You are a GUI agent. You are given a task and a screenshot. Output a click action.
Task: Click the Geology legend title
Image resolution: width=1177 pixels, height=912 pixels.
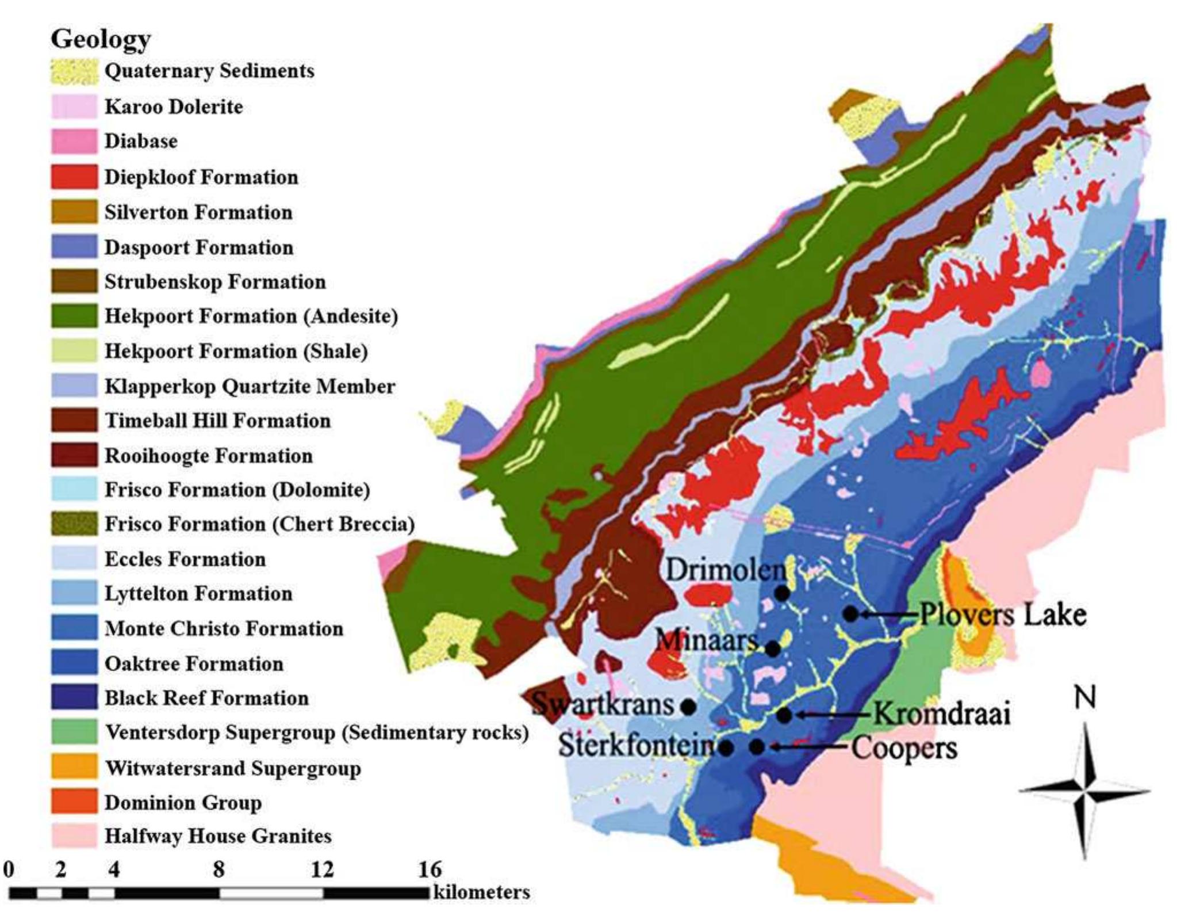coord(101,39)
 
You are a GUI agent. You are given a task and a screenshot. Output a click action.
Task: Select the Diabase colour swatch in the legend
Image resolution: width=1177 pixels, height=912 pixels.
coord(74,142)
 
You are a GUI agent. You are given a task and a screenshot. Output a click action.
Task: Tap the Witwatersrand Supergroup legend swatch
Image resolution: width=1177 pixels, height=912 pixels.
coord(74,768)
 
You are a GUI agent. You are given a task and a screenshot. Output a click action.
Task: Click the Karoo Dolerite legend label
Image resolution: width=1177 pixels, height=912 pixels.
coord(174,106)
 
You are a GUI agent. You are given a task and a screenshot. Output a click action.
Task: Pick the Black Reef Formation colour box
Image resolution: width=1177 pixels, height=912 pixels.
coord(74,698)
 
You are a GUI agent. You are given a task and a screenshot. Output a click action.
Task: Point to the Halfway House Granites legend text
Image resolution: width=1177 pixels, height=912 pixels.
coord(218,835)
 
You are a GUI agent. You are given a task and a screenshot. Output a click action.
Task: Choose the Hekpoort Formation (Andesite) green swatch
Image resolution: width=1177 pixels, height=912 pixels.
coord(74,316)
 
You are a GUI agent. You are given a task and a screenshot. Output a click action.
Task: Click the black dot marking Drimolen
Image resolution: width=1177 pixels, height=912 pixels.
coord(782,593)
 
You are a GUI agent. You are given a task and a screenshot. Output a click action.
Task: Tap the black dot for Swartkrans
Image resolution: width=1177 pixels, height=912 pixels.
coord(688,706)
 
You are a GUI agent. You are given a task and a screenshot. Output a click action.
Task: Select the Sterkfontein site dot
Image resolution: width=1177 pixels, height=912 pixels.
coord(726,748)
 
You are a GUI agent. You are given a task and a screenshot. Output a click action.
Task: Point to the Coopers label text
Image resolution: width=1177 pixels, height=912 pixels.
coord(904,748)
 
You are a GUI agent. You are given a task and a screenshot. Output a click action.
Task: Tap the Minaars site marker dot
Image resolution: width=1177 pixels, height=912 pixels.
coord(773,649)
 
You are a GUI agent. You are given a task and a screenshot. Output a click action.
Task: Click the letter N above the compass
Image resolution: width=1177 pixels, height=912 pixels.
coord(1084,697)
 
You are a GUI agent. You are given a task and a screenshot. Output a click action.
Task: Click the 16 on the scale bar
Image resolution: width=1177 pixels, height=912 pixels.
coord(430,869)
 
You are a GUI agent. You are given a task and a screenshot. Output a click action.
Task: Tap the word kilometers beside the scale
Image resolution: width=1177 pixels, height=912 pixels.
coord(481,892)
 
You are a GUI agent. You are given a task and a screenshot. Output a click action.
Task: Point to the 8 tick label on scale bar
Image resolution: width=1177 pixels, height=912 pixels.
coord(218,869)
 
